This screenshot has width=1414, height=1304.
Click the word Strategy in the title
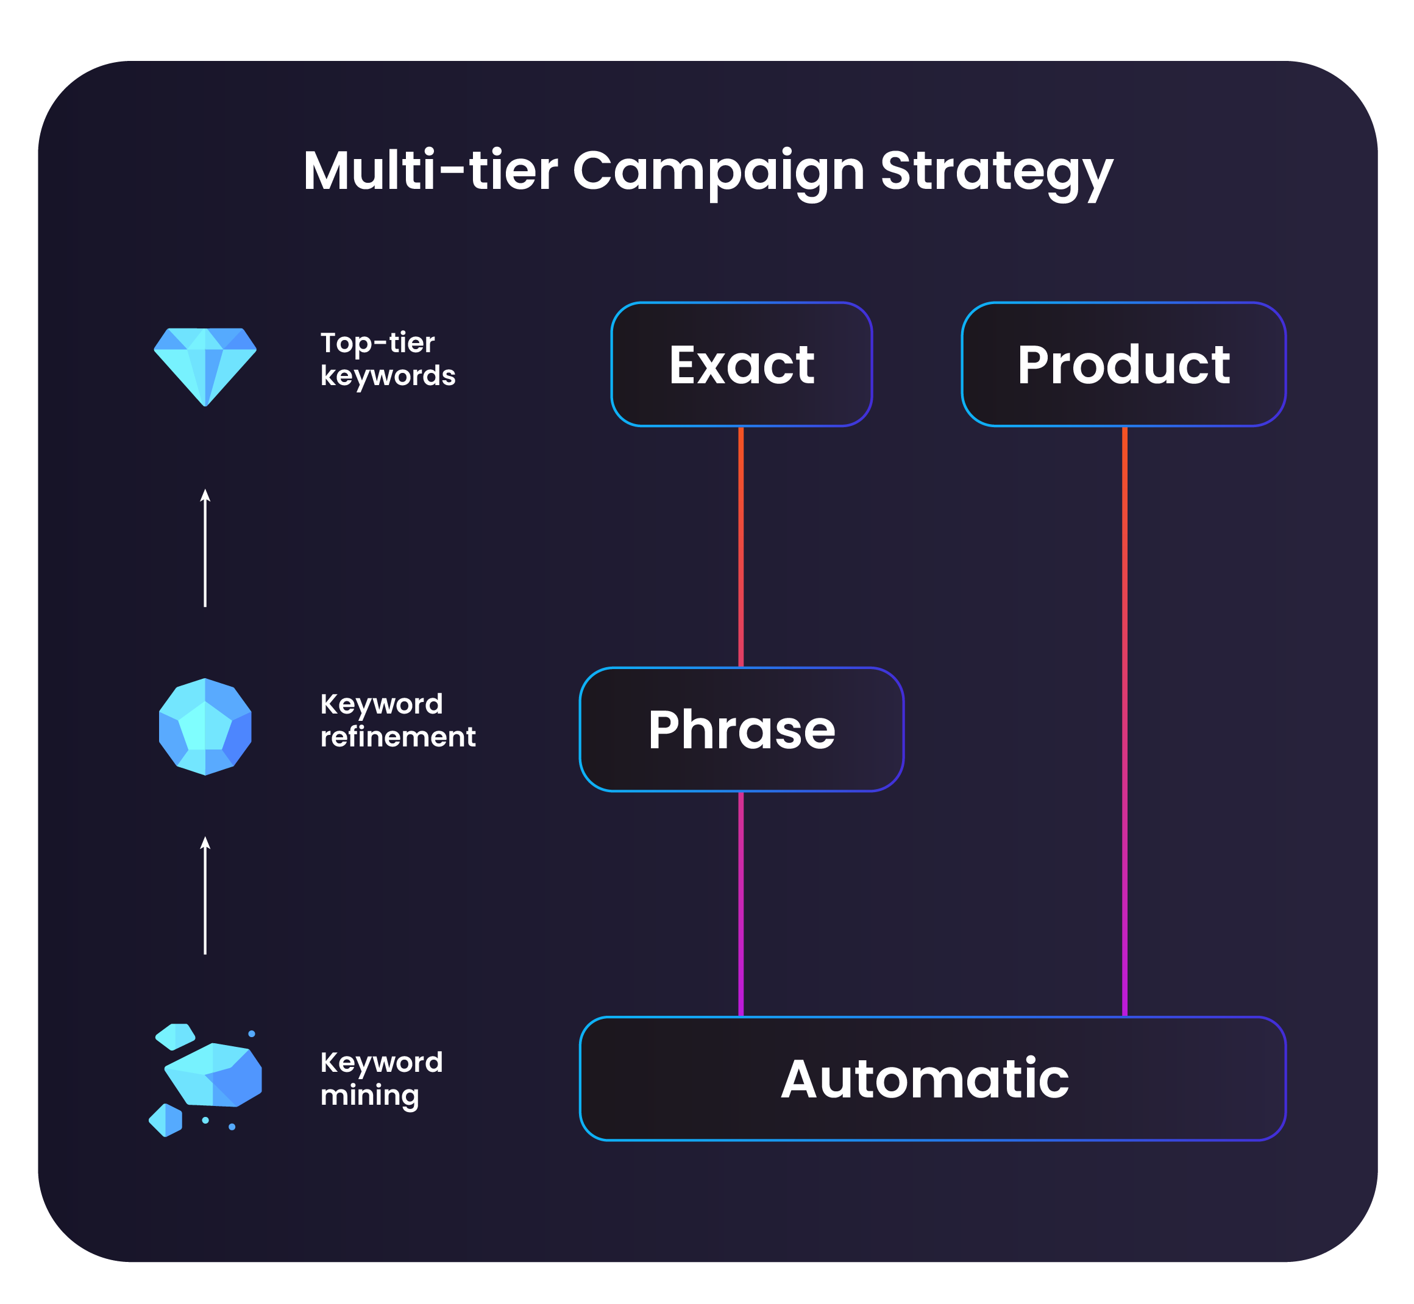(996, 171)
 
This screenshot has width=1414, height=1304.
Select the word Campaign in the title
(718, 171)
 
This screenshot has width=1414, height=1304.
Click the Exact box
(741, 365)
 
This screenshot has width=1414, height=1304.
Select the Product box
(1123, 365)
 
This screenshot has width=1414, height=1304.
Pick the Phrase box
(741, 729)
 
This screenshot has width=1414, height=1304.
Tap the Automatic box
(932, 1079)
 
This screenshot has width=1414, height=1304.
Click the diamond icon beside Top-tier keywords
(205, 366)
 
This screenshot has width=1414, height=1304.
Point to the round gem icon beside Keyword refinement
(205, 726)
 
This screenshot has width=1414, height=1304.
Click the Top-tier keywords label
(388, 359)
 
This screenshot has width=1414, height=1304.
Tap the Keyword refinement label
(397, 720)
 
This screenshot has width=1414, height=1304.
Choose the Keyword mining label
(381, 1079)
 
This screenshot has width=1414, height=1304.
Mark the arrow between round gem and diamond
(205, 548)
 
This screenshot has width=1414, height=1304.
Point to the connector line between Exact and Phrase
(741, 547)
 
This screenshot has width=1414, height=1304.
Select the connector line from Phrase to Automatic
(741, 904)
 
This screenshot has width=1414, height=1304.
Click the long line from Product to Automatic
(1124, 720)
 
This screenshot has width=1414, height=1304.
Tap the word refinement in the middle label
(397, 737)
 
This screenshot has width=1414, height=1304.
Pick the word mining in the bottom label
(369, 1096)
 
